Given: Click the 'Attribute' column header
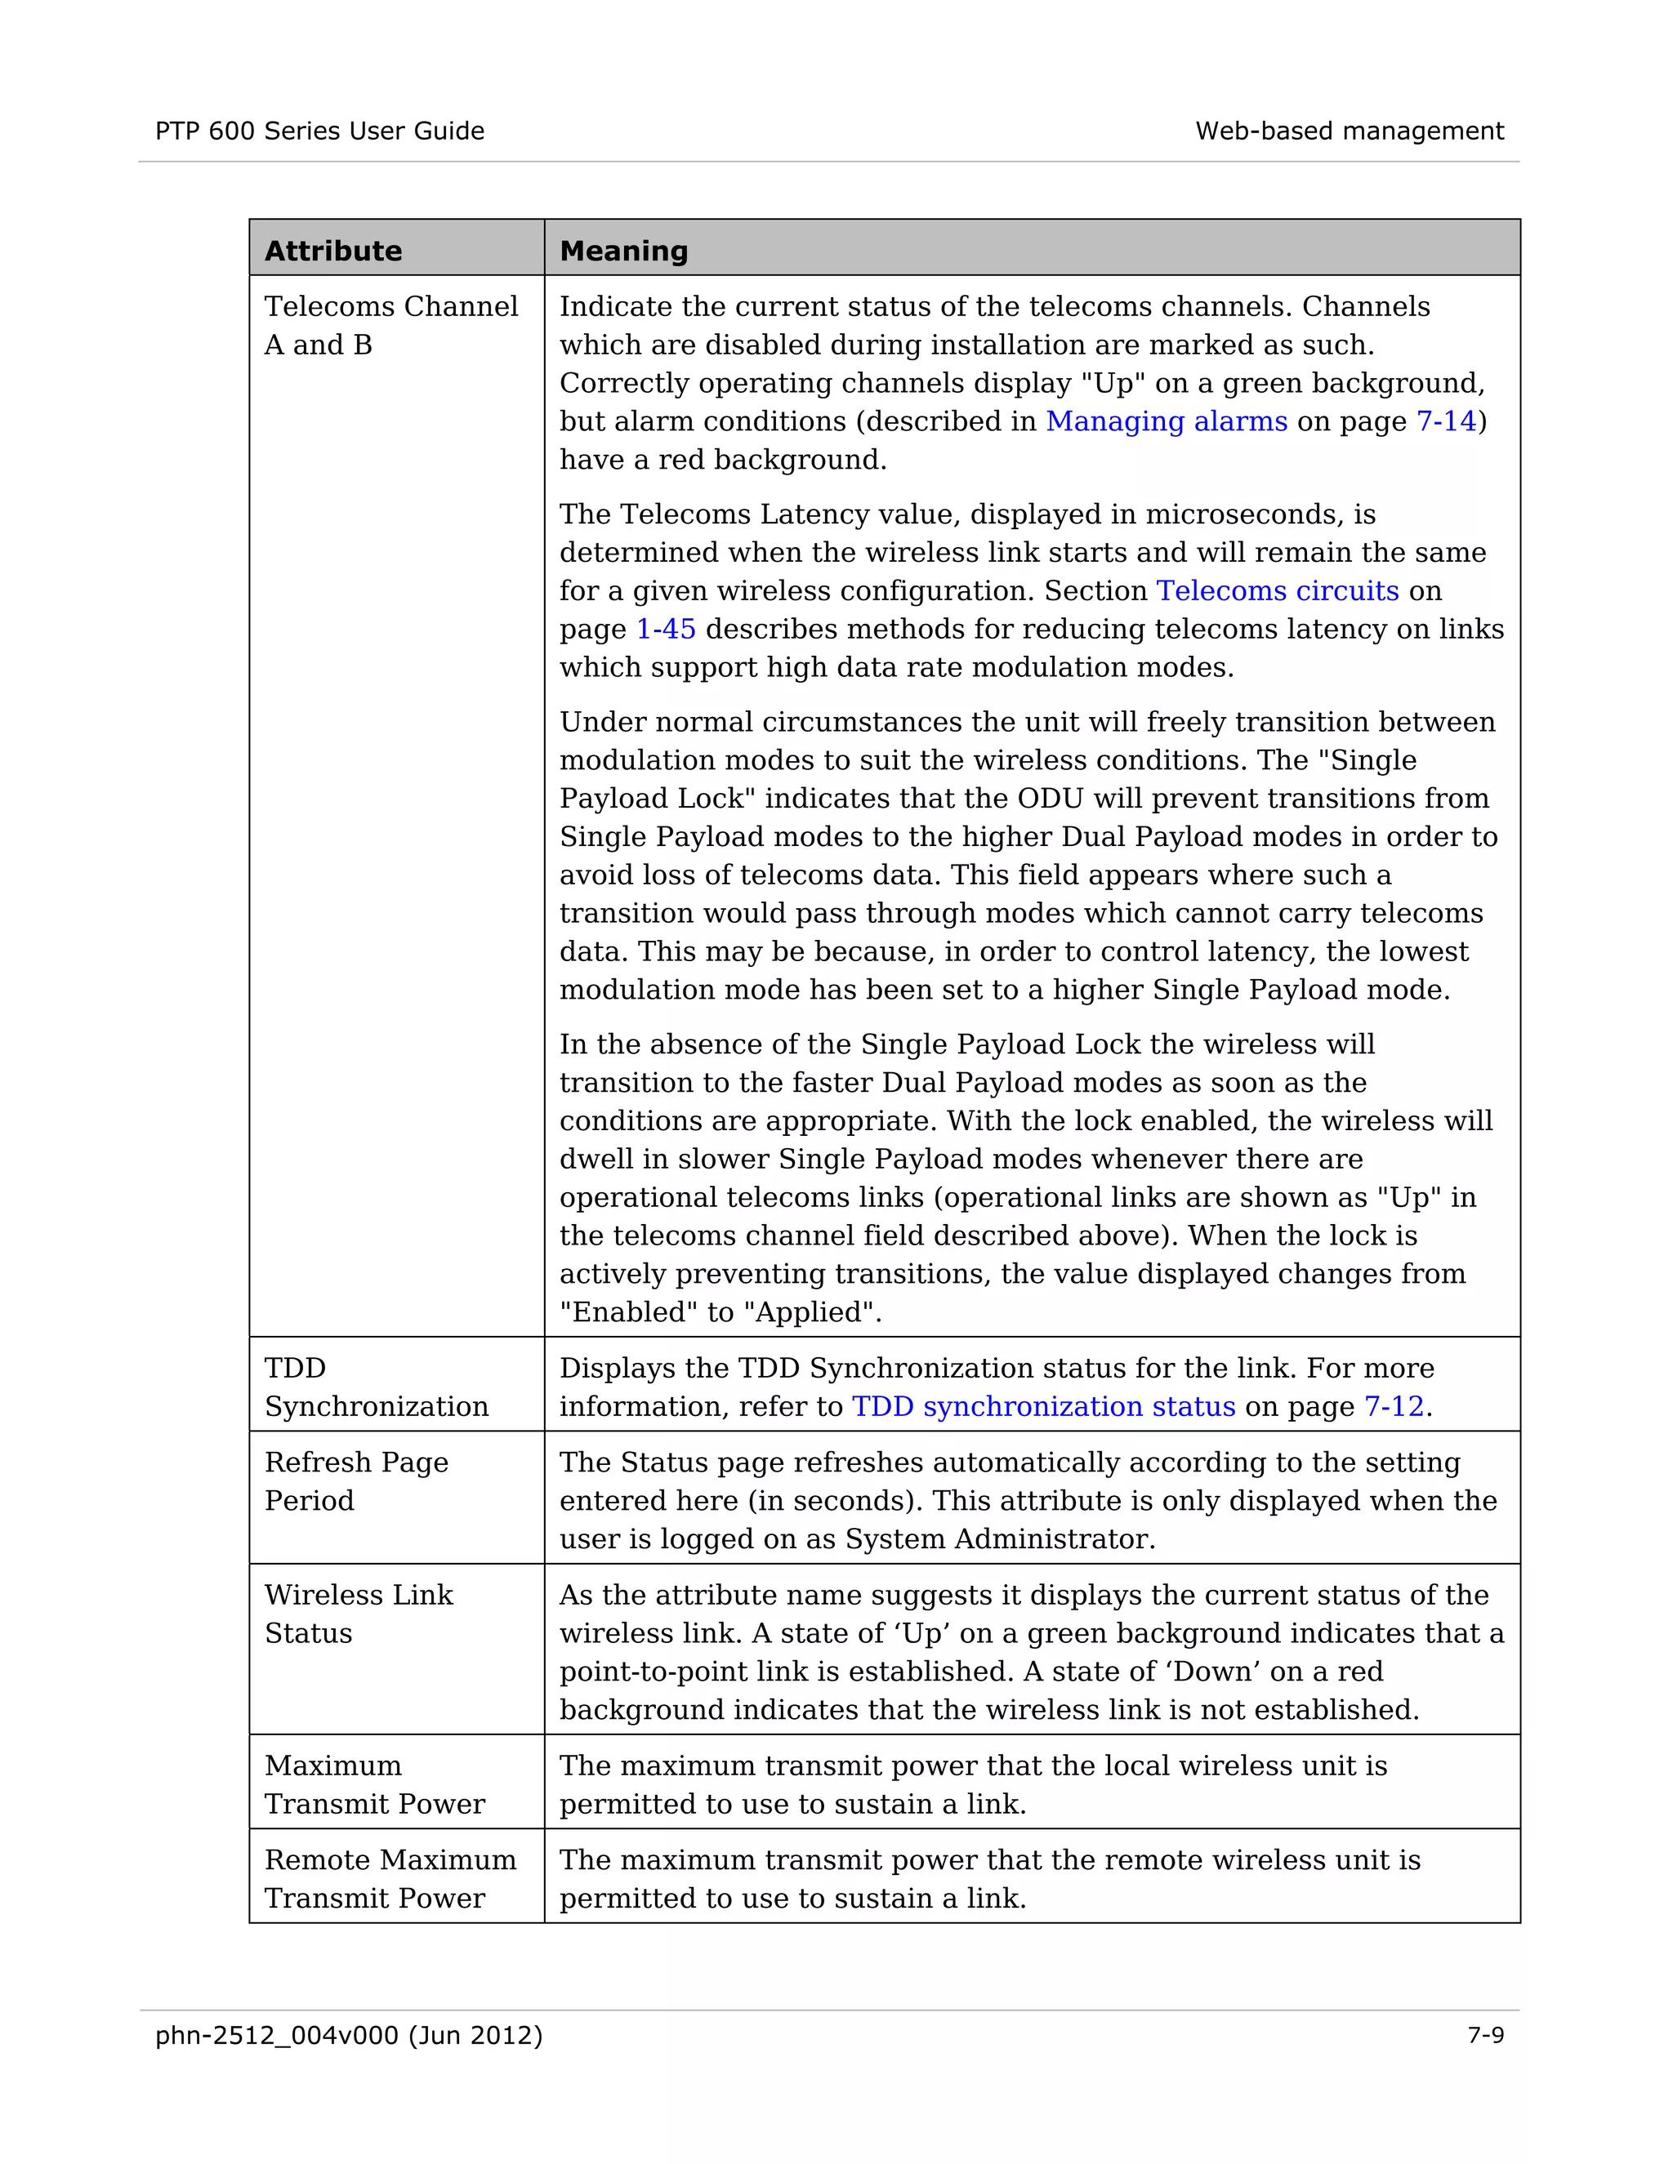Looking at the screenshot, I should pos(333,251).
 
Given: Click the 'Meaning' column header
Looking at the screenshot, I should pos(623,251).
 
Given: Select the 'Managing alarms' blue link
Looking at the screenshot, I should pos(1167,421).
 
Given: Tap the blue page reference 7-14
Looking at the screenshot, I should pos(1446,421).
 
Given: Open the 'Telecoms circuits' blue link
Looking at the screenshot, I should pos(1278,590).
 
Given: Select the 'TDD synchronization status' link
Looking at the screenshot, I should pos(1044,1406).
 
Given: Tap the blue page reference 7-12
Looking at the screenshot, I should pos(1394,1406).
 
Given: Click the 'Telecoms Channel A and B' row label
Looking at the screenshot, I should pos(390,325).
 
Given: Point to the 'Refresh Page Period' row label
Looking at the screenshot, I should pos(356,1481).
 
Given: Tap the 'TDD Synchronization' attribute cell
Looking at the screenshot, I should pos(376,1387).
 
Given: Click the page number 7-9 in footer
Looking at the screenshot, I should pos(1484,2035).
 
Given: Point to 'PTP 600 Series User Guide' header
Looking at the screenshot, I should pos(319,131).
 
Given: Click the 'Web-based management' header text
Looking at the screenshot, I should pos(1349,131).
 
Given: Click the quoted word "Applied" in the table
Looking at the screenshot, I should pos(810,1312).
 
